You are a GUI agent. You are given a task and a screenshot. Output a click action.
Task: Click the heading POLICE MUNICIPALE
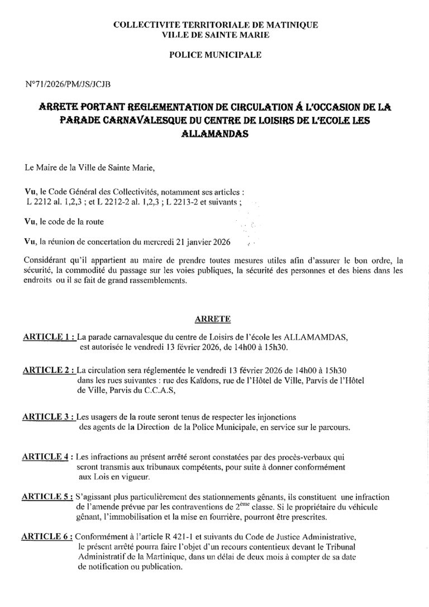pyautogui.click(x=215, y=55)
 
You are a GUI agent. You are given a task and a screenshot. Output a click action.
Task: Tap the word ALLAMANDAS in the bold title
pyautogui.click(x=215, y=135)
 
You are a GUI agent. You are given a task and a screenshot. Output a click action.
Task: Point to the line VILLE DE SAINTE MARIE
pyautogui.click(x=215, y=35)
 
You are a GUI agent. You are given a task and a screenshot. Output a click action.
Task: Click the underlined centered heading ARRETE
pyautogui.click(x=214, y=319)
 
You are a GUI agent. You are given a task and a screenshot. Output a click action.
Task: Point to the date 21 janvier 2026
pyautogui.click(x=203, y=242)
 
